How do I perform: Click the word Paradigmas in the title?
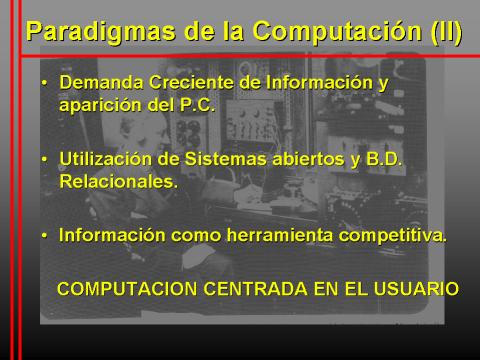[x=101, y=32]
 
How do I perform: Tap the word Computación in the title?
[x=337, y=32]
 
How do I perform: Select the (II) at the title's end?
[x=446, y=31]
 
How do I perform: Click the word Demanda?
[x=101, y=82]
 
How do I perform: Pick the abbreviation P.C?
[x=197, y=105]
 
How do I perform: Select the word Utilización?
[x=105, y=159]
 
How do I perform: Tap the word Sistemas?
[x=226, y=159]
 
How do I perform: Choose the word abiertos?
[x=308, y=159]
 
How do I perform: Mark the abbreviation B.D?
[x=384, y=159]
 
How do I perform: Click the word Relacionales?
[x=118, y=182]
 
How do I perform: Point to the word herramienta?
[x=280, y=235]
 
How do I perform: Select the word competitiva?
[x=392, y=236]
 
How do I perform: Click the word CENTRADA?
[x=255, y=289]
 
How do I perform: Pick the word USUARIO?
[x=416, y=289]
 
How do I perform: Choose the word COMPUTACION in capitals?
[x=127, y=289]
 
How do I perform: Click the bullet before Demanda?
[x=44, y=83]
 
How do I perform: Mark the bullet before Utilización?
[x=44, y=159]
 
